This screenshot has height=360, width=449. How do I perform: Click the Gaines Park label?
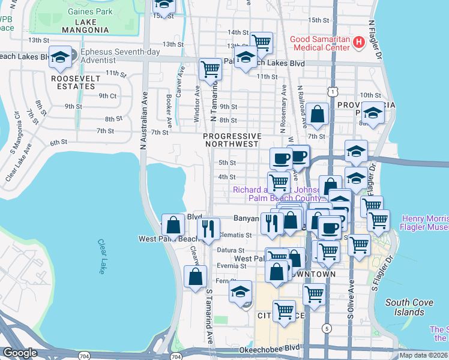(x=90, y=11)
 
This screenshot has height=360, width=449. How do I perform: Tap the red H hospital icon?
(x=358, y=42)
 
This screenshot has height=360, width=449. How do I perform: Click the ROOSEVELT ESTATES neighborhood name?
(x=73, y=82)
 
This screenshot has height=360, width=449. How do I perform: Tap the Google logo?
(x=20, y=352)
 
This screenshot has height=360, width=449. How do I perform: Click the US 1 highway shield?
(x=331, y=90)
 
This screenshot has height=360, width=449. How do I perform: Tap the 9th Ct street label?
(x=107, y=95)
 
